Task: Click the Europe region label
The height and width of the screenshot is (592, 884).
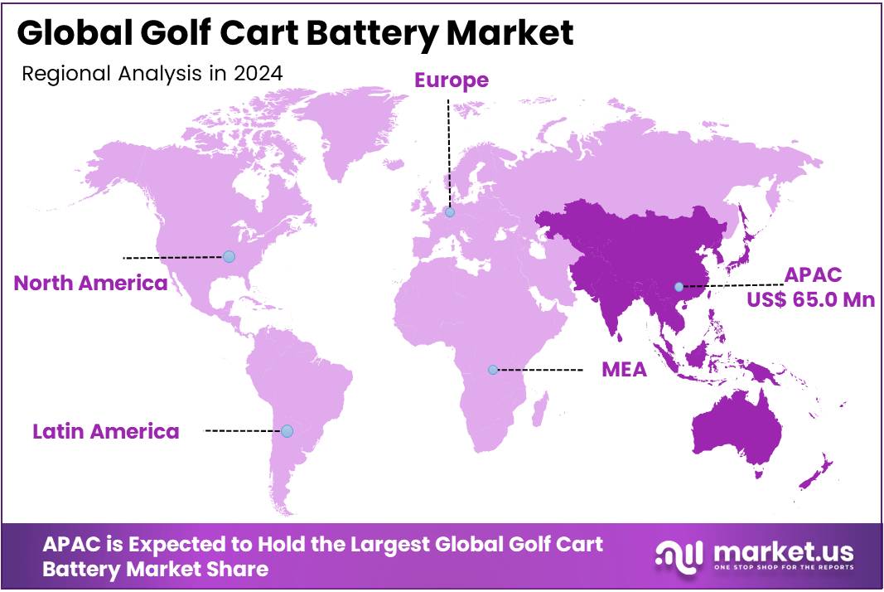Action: point(452,80)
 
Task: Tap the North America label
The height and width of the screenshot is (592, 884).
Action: point(90,283)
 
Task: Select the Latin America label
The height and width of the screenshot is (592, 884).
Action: point(105,431)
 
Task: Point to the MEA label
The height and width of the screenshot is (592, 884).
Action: point(624,370)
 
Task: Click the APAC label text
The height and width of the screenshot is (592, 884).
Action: point(812,275)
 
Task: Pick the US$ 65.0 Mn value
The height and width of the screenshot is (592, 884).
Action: point(810,299)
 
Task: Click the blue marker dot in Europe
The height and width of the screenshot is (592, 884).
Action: point(450,212)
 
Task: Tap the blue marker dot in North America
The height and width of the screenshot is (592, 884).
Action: point(229,257)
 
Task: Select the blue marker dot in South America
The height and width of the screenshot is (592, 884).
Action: point(287,431)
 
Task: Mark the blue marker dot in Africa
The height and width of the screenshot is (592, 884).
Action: point(493,370)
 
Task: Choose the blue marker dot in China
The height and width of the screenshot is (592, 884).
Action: point(679,287)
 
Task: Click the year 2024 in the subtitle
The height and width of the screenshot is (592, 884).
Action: point(258,73)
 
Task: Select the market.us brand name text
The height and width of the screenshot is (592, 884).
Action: point(780,551)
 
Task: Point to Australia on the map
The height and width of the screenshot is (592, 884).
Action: point(733,427)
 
